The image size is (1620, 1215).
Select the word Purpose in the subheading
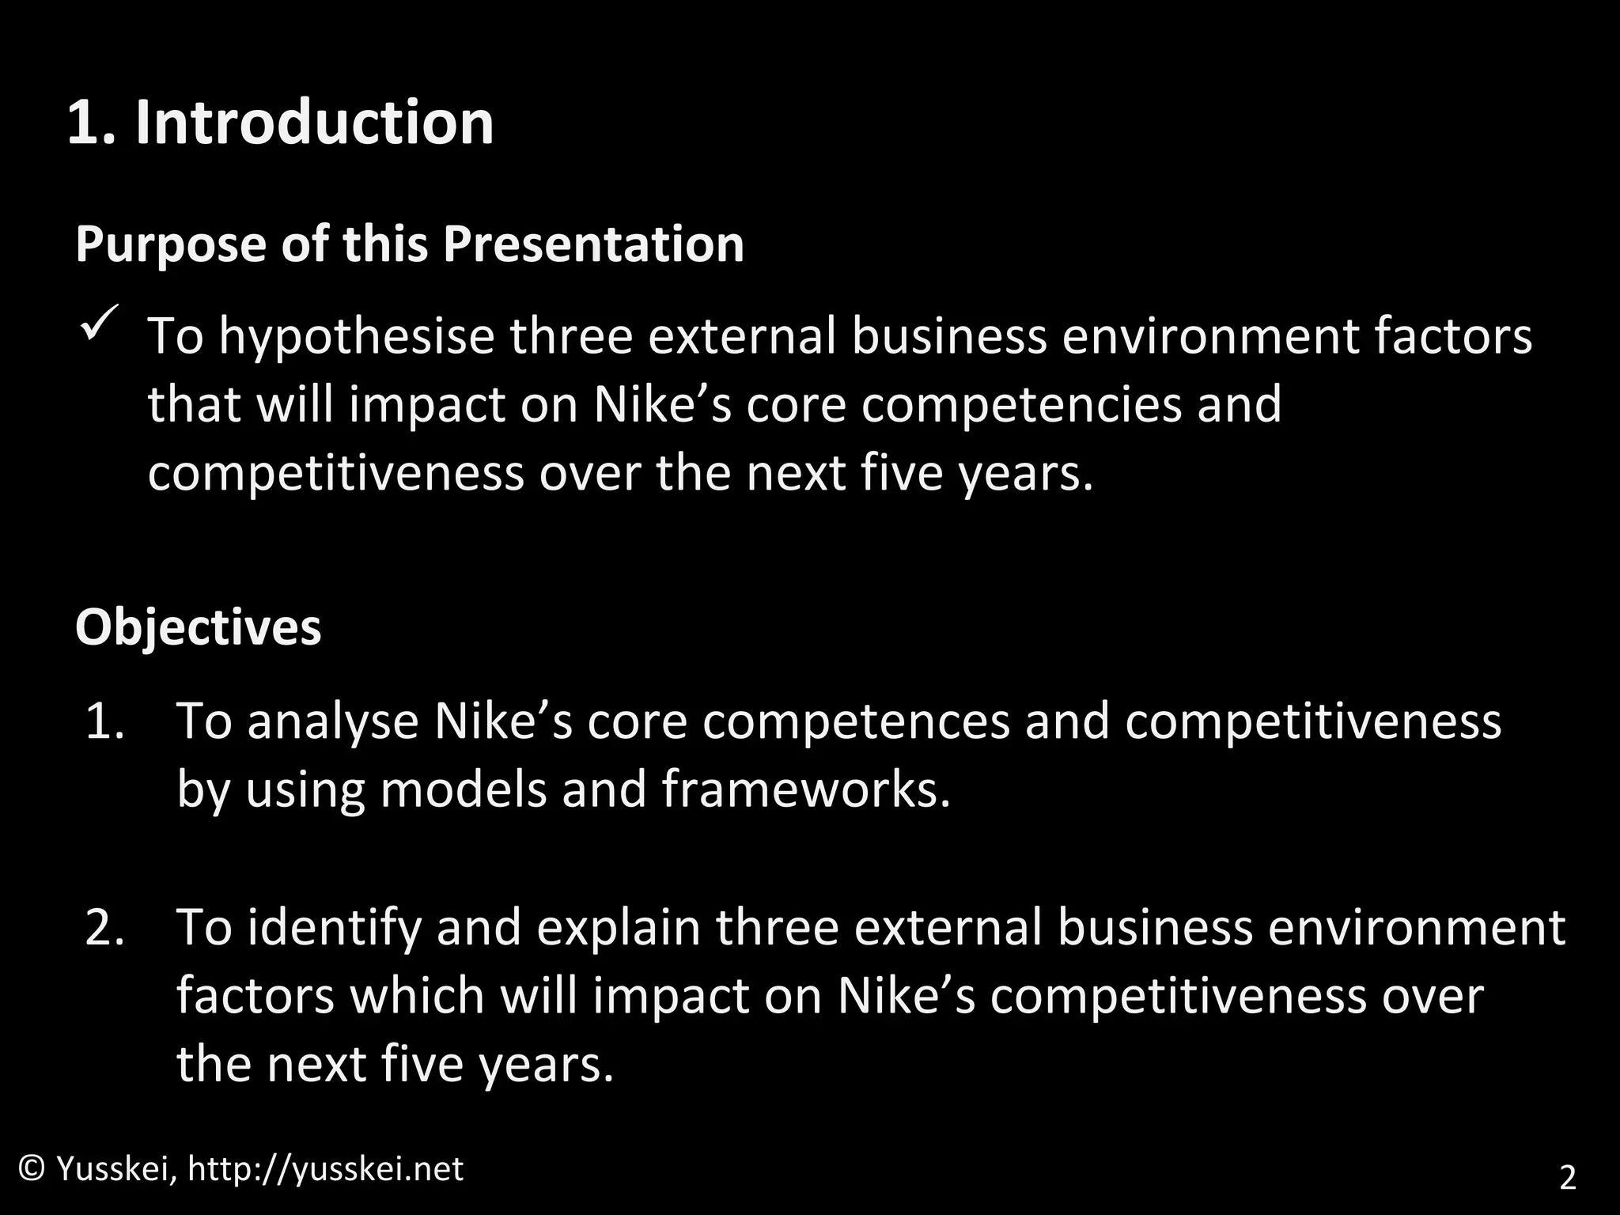171,244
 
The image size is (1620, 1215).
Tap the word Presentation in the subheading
592,244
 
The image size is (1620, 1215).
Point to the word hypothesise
357,335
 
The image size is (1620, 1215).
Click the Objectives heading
199,627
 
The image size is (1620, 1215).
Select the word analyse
333,721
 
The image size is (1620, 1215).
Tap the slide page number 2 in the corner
1567,1178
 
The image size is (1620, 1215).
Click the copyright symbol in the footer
32,1168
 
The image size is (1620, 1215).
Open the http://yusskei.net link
325,1169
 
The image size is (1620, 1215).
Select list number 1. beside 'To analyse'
105,721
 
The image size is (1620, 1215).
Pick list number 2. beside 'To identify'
105,928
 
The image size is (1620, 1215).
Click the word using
305,791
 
